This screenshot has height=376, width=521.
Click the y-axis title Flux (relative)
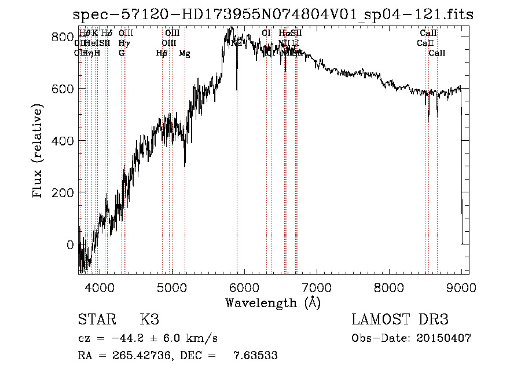pyautogui.click(x=38, y=152)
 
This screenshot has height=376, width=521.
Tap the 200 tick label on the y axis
pyautogui.click(x=63, y=192)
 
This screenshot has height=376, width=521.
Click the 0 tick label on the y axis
pyautogui.click(x=70, y=244)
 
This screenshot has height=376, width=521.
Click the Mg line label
pyautogui.click(x=184, y=53)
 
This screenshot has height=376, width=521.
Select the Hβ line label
pyautogui.click(x=162, y=53)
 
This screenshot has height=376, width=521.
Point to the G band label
pyautogui.click(x=122, y=53)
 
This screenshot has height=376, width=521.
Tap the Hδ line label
pyautogui.click(x=107, y=34)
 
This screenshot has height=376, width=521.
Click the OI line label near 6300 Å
pyautogui.click(x=266, y=34)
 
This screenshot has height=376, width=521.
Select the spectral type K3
pyautogui.click(x=149, y=320)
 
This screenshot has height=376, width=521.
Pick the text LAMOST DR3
pyautogui.click(x=399, y=320)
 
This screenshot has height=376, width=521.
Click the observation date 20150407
pyautogui.click(x=445, y=338)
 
